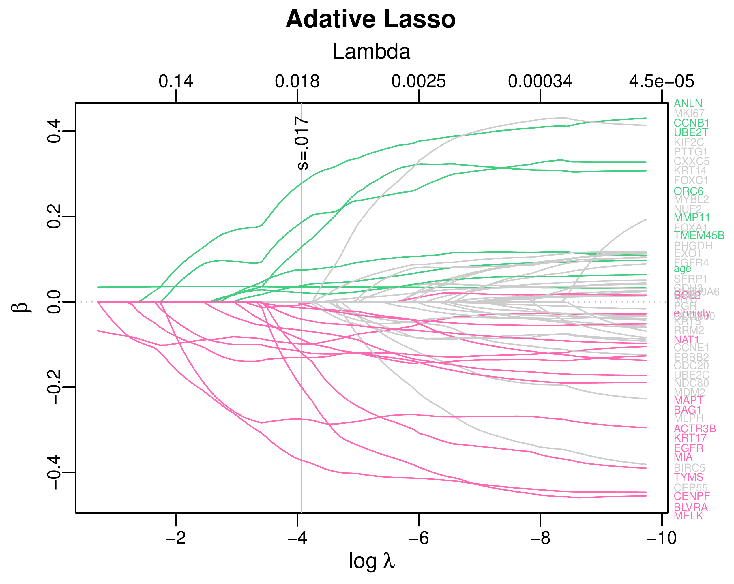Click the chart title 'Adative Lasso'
[x=370, y=19]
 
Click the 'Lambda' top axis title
[x=371, y=52]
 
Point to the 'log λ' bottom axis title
[x=371, y=561]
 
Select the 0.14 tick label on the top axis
[x=176, y=82]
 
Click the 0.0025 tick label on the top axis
[x=418, y=82]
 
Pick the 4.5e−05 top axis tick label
[x=661, y=82]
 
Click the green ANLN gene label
[x=688, y=104]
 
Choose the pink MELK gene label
[x=688, y=516]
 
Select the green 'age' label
[x=682, y=269]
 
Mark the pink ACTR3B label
[x=694, y=429]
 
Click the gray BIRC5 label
[x=689, y=468]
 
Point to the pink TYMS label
[x=688, y=477]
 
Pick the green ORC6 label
[x=688, y=191]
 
